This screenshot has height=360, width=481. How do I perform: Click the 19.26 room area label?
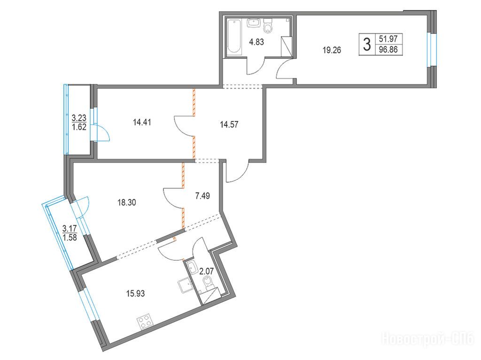pos(332,50)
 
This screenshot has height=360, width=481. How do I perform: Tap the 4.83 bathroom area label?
pos(256,42)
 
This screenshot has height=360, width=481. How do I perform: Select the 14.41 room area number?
pos(142,123)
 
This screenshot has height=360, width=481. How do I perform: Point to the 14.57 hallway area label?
pos(229,124)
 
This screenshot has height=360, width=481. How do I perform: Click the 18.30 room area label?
pos(127,202)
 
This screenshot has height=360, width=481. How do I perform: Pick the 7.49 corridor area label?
pos(202,195)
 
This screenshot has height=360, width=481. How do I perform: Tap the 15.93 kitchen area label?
pos(136,293)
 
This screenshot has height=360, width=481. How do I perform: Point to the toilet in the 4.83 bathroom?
pos(268,25)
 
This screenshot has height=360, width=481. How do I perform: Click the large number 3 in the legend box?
pos(366,45)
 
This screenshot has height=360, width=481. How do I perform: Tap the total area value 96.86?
pos(388,50)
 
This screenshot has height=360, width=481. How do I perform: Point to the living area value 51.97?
pos(388,39)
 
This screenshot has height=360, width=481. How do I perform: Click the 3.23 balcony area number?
pos(79,117)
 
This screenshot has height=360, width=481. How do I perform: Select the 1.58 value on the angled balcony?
pos(70,237)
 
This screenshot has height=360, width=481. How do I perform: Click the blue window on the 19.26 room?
pos(432,49)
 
